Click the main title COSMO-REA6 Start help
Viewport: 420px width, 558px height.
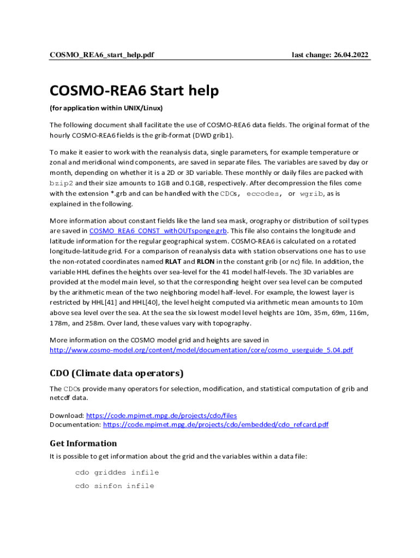tap(134, 90)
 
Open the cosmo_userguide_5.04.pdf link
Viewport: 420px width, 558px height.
tap(201, 350)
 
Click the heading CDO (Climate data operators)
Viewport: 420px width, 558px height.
tap(117, 373)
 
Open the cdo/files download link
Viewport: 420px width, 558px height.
tap(161, 415)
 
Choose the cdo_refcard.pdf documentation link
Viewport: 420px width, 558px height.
tap(215, 424)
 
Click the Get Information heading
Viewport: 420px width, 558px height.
tap(83, 443)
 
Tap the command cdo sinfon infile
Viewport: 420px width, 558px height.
tap(115, 486)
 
